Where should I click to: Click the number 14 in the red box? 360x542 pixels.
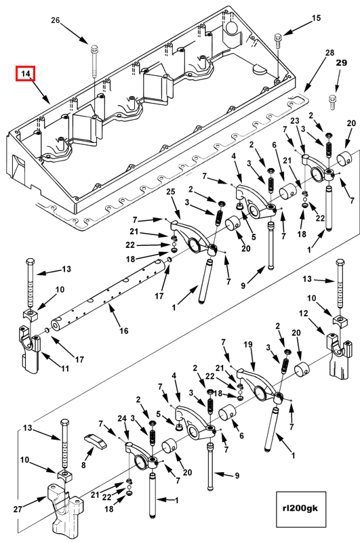point(26,74)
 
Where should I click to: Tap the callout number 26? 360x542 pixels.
point(56,20)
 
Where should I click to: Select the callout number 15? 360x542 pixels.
point(316,18)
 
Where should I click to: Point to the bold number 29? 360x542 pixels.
point(341,62)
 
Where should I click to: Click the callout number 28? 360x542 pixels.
point(330,52)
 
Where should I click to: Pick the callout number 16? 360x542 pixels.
point(124,331)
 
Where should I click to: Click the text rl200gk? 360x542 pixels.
point(301,508)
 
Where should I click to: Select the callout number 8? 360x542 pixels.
point(83,465)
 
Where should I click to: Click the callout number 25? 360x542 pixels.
point(171,192)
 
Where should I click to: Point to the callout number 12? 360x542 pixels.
point(303,314)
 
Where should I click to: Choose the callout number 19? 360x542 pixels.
point(248,344)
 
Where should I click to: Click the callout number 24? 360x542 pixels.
point(122,419)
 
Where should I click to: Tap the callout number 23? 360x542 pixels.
point(295,121)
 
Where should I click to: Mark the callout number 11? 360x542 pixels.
point(65,369)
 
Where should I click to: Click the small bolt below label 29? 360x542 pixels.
point(332,102)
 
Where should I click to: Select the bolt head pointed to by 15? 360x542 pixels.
point(278,37)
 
